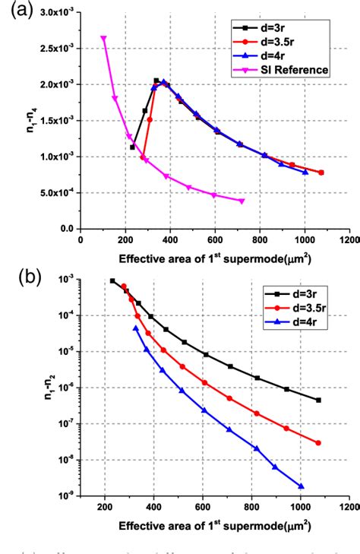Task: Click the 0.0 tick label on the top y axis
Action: click(68, 229)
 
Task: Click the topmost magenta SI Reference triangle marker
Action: click(103, 38)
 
